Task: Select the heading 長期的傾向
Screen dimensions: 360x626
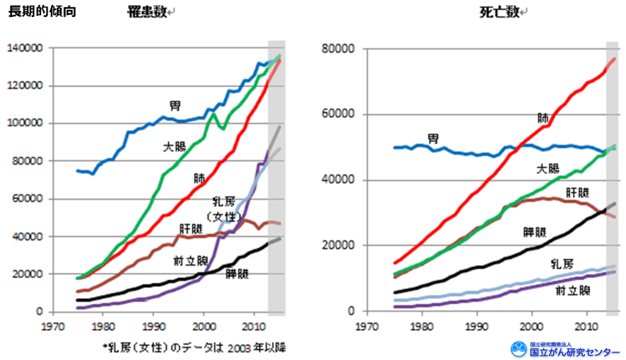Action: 42,11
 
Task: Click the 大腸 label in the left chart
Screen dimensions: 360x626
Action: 174,147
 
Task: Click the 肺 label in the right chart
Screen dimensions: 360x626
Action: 542,118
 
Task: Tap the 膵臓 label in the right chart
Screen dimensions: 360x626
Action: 534,232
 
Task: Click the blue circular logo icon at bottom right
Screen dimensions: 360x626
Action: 519,349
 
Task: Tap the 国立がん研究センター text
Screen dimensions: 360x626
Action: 576,352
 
